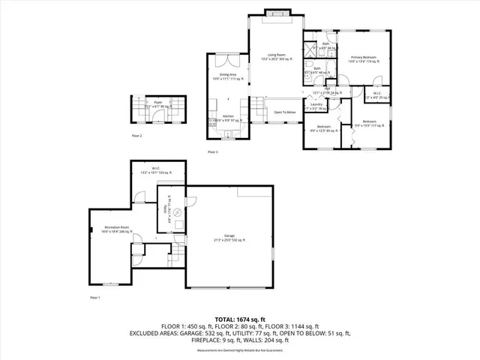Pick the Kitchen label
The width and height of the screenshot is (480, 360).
[228, 116]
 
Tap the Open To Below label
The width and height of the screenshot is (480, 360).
[285, 112]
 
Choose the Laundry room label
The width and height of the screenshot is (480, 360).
[316, 105]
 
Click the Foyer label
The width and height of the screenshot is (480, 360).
[158, 103]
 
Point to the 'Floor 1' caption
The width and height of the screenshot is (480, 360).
[94, 298]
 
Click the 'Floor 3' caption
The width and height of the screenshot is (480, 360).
[212, 151]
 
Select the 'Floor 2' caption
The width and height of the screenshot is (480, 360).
[136, 136]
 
